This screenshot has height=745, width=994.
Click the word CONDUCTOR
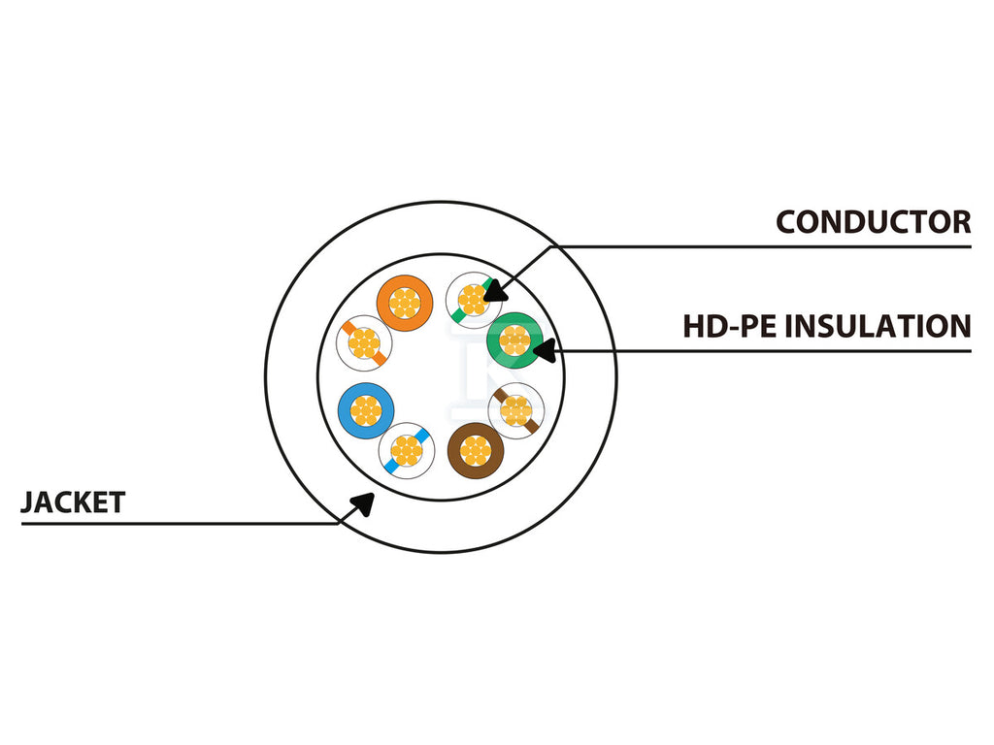click(873, 222)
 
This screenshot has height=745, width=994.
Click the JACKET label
click(73, 502)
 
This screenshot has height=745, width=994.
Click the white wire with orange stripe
click(364, 342)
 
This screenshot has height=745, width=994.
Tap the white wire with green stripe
click(473, 300)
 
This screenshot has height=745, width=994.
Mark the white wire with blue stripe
click(407, 451)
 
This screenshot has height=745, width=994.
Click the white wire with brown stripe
click(516, 411)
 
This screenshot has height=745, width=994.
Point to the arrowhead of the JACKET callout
click(363, 503)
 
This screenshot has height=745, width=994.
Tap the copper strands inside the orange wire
click(405, 304)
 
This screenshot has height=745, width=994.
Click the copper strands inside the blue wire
click(366, 411)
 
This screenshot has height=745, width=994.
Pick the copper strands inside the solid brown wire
click(476, 451)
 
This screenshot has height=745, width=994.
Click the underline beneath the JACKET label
click(180, 524)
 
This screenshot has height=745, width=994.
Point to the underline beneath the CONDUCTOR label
click(761, 246)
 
